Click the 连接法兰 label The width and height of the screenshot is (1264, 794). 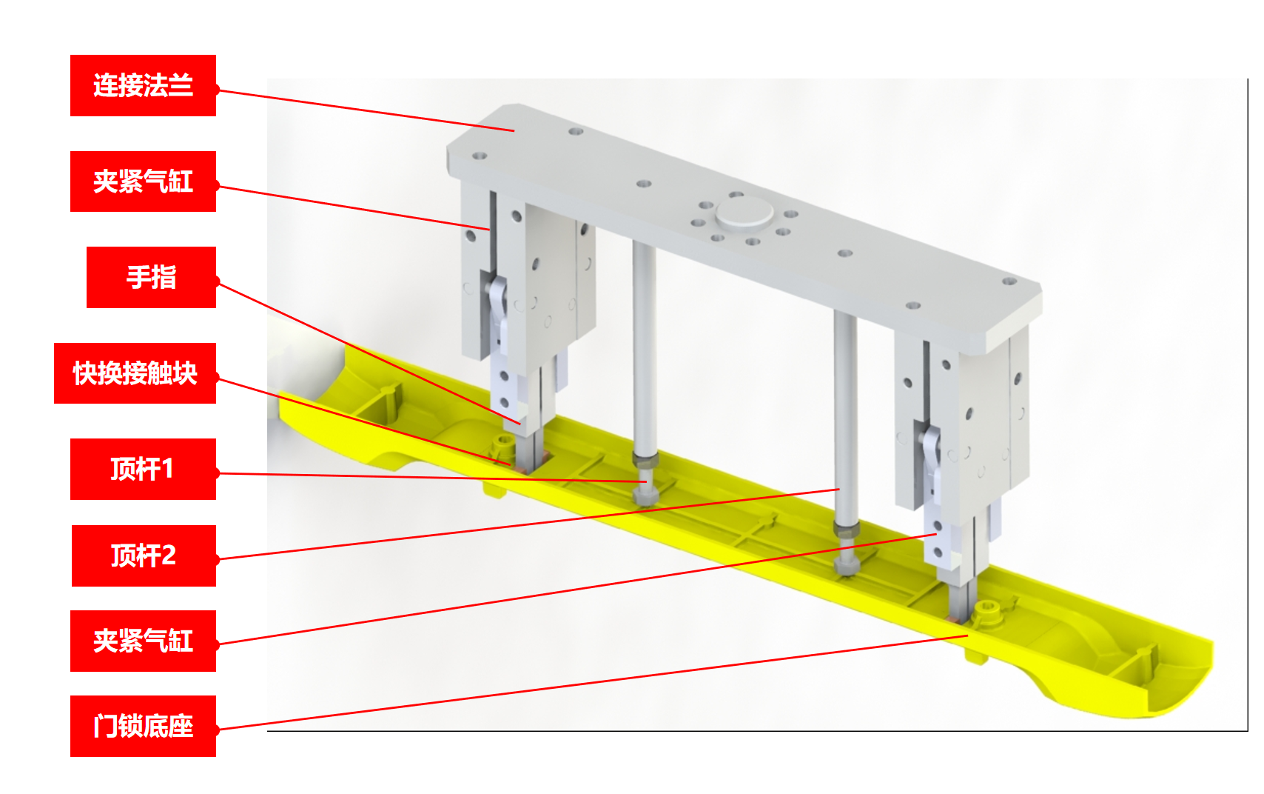(144, 85)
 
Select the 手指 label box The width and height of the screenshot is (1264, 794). (151, 277)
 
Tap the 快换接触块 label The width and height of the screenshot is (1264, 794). (135, 373)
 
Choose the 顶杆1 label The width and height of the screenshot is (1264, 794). (144, 470)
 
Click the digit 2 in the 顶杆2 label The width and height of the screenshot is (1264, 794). (168, 556)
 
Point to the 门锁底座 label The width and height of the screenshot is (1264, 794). (144, 727)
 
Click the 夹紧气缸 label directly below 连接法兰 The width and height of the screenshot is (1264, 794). (144, 181)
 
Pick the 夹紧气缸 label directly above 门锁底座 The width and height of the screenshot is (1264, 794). (144, 641)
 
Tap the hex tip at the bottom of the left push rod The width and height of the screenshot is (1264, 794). (645, 496)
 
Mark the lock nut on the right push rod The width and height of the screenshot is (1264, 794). (847, 530)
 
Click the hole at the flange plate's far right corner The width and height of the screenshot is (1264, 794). (1009, 281)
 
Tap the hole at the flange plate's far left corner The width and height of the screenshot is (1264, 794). (479, 156)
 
